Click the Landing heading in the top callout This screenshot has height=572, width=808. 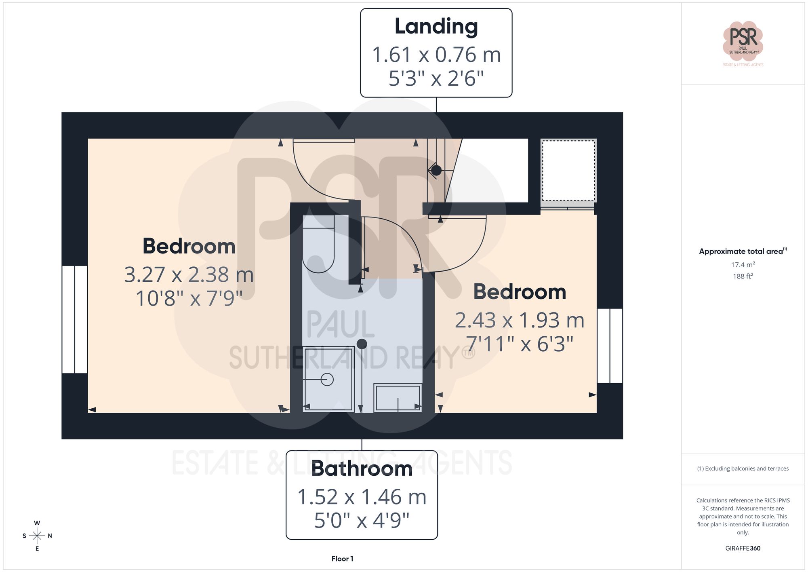click(436, 27)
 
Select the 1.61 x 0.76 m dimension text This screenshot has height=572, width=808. click(436, 55)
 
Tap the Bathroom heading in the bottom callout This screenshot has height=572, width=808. click(362, 469)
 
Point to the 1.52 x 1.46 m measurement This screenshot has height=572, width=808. click(362, 497)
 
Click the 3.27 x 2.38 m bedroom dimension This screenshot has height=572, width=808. click(189, 275)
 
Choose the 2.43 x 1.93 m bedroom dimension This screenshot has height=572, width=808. click(520, 321)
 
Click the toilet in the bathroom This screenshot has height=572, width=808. click(319, 245)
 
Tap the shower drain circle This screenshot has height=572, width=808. click(327, 380)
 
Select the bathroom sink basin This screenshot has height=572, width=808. click(398, 398)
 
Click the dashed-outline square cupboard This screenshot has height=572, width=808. click(568, 170)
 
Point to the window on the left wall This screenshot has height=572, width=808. click(75, 319)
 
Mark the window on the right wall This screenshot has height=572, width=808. click(610, 346)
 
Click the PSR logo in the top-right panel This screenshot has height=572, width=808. click(743, 41)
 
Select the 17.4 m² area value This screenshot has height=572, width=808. click(743, 265)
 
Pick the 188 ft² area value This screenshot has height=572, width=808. click(743, 276)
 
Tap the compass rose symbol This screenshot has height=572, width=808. click(37, 536)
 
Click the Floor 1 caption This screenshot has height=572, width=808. click(342, 559)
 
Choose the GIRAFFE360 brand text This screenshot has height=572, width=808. click(743, 548)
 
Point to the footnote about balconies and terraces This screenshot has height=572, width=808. click(743, 469)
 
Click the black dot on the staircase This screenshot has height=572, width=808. click(436, 171)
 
